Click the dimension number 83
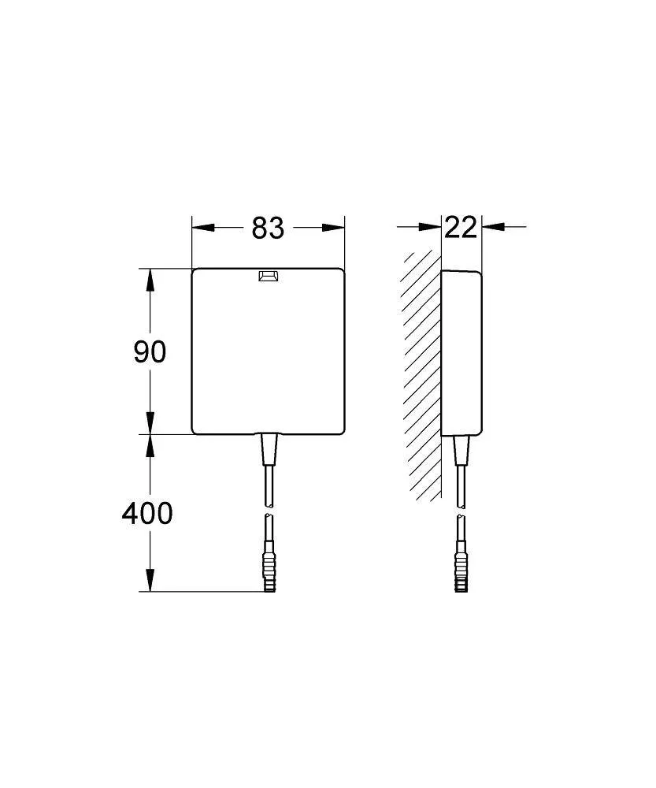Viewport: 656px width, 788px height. (x=268, y=228)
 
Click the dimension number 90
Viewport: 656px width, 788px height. (x=150, y=351)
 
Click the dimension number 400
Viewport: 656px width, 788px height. (x=147, y=514)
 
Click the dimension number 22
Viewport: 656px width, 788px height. (x=461, y=228)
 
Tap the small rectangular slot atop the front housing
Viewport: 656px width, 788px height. (x=269, y=277)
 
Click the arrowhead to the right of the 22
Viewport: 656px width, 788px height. (x=493, y=228)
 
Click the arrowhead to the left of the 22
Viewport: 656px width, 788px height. (x=430, y=228)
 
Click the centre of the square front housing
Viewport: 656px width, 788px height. (x=269, y=351)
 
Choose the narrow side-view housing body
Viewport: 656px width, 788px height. (x=461, y=351)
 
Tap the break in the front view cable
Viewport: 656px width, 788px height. (x=269, y=511)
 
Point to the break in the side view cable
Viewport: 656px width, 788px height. (x=460, y=511)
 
